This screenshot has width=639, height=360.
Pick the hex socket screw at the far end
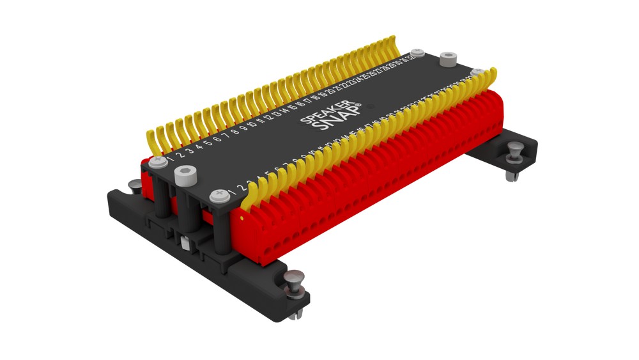[450, 58]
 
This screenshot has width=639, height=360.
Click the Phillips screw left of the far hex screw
[417, 51]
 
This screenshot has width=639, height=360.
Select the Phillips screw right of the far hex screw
[479, 71]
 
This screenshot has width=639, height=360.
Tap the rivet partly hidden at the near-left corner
[134, 185]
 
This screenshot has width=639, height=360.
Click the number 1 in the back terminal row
[171, 155]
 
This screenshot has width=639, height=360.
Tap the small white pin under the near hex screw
[184, 243]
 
